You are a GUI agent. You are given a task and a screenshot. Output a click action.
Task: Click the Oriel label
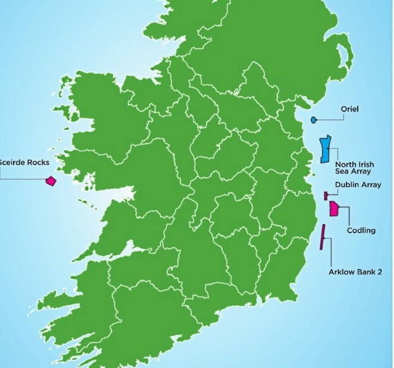(x=349, y=109)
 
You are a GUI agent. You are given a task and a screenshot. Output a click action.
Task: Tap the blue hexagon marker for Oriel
(x=314, y=120)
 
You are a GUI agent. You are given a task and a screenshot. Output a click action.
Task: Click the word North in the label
(x=345, y=164)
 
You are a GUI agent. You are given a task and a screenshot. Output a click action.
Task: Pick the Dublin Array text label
(x=358, y=185)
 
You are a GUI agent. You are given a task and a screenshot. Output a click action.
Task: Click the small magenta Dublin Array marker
(x=326, y=196)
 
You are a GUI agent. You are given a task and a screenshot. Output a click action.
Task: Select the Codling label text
(x=361, y=231)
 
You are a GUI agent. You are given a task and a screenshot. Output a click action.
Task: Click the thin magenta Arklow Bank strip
(x=322, y=237)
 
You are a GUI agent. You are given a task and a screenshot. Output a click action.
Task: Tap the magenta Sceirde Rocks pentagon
(x=51, y=181)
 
